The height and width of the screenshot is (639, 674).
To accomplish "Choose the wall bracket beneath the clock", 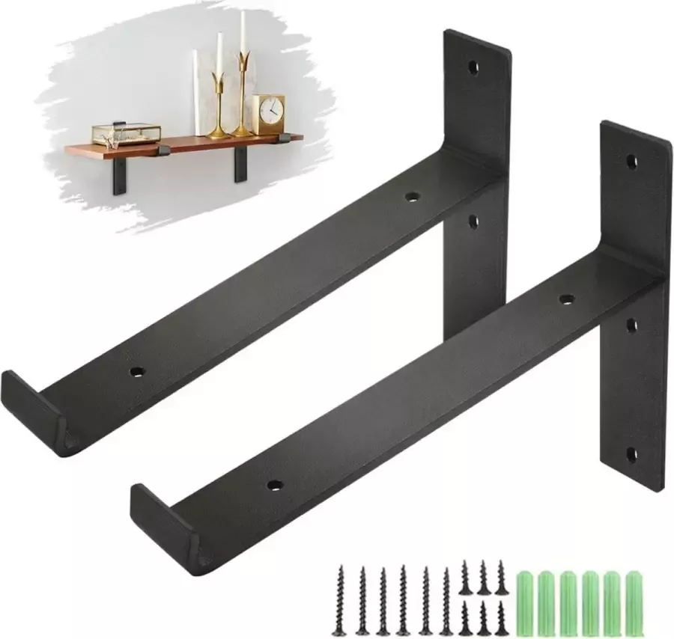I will [241, 163].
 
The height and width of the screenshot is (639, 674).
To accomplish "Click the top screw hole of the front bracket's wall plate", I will [631, 160].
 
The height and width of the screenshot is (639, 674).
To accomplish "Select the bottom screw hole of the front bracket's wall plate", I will [631, 453].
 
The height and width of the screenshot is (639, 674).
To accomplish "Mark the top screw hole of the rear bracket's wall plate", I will [473, 67].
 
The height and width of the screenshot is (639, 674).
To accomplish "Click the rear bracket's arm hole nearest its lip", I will [136, 371].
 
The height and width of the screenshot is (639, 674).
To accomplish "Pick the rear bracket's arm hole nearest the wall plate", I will [410, 198].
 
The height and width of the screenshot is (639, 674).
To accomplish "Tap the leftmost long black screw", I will [341, 599].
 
